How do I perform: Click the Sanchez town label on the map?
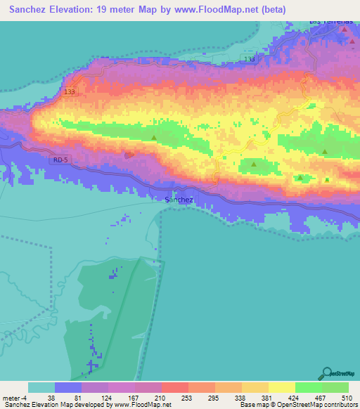pos(179,200)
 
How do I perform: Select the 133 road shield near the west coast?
pos(69,91)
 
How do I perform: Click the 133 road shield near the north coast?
pos(250,60)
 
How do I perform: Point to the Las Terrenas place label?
pos(330,22)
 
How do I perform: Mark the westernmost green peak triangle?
pos(154,138)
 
